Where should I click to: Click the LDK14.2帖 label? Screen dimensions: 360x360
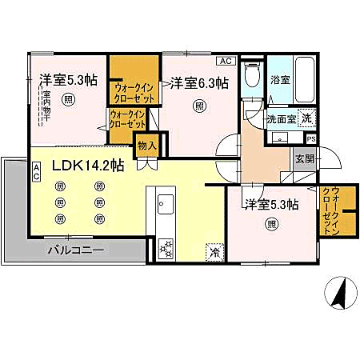click(88, 166)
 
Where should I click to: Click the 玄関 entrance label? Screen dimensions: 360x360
click(305, 158)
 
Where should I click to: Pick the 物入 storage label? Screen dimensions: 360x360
click(146, 146)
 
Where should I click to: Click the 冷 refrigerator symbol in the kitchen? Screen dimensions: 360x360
click(214, 251)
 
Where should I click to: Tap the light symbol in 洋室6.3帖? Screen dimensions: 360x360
click(198, 106)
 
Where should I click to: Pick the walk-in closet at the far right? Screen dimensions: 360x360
click(328, 210)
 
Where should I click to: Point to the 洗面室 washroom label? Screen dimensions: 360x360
click(281, 118)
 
